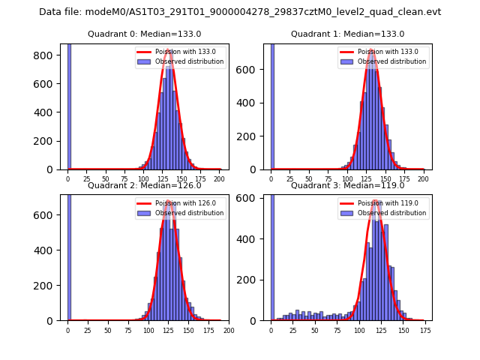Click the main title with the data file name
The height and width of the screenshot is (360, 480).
[x=240, y=12]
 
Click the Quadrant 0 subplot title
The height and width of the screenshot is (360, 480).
[x=144, y=34]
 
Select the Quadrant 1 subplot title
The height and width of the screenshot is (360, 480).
[x=347, y=34]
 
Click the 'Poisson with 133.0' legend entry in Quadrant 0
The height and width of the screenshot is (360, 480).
[x=180, y=52]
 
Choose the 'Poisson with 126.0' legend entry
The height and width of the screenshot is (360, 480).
[x=180, y=202]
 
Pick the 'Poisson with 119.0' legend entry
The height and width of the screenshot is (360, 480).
[x=383, y=202]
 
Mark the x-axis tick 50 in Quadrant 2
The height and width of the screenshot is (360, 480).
[x=108, y=330]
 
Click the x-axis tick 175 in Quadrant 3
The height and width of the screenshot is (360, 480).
[x=424, y=330]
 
